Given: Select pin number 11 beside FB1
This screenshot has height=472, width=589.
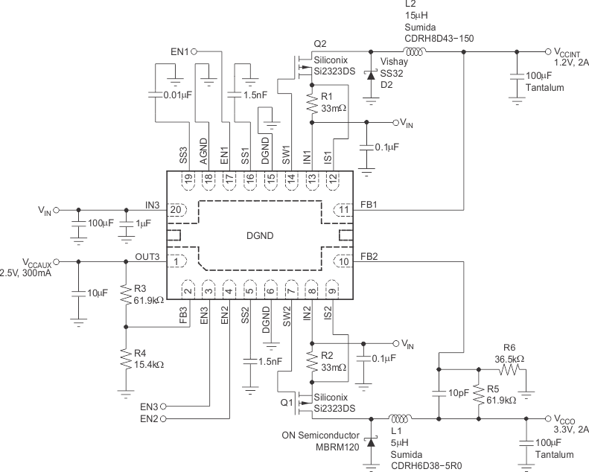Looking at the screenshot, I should [x=343, y=210].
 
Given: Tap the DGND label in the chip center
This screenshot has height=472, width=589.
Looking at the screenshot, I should [x=260, y=235].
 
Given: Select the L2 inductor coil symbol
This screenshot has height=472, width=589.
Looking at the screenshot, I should [x=415, y=52].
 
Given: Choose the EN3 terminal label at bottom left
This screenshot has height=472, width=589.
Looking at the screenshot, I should [x=151, y=406].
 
